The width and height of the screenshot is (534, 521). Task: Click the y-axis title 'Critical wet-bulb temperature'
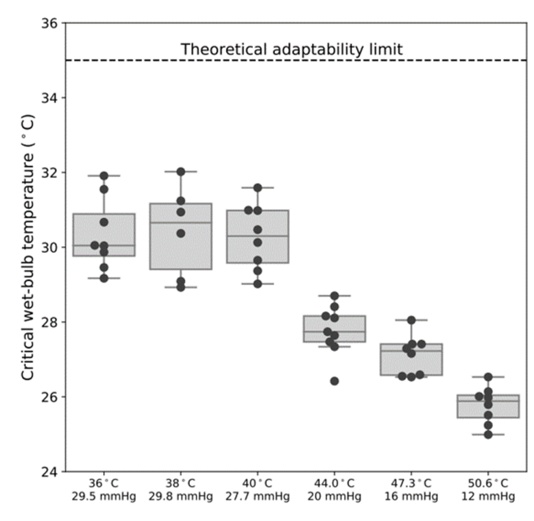(28, 247)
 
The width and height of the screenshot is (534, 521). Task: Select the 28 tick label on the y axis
(51, 322)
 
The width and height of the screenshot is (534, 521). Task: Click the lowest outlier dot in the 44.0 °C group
(335, 380)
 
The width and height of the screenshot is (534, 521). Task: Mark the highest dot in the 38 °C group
(181, 171)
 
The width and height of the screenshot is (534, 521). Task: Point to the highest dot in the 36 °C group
(104, 176)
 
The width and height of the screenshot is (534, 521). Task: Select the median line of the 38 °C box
(181, 222)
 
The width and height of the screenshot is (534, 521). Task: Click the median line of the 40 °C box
(258, 236)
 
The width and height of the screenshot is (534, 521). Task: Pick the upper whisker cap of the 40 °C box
(258, 187)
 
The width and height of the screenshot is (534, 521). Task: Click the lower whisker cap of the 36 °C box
(104, 278)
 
